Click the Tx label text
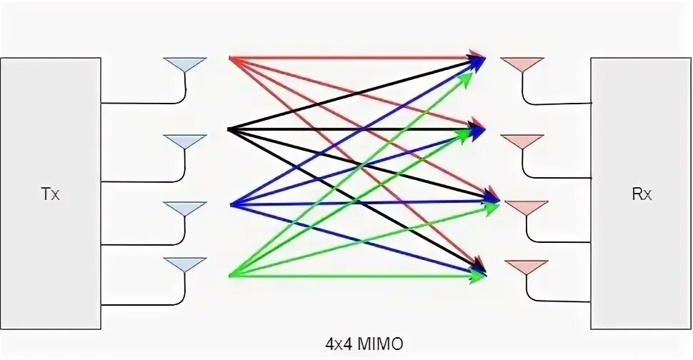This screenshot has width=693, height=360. pyautogui.click(x=50, y=194)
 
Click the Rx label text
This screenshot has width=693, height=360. pyautogui.click(x=642, y=194)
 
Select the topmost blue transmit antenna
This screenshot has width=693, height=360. pyautogui.click(x=185, y=64)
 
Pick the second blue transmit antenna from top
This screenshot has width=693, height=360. pyautogui.click(x=185, y=141)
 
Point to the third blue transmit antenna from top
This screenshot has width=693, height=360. pyautogui.click(x=185, y=209)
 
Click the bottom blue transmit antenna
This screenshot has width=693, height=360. pyautogui.click(x=185, y=264)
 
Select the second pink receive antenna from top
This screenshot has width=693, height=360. pyautogui.click(x=522, y=141)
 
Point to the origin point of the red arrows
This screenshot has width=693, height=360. pyautogui.click(x=230, y=56)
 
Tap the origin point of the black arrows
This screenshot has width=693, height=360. pyautogui.click(x=229, y=129)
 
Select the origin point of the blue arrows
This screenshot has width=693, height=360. pyautogui.click(x=231, y=205)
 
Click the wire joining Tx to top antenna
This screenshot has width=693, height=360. pyautogui.click(x=143, y=103)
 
